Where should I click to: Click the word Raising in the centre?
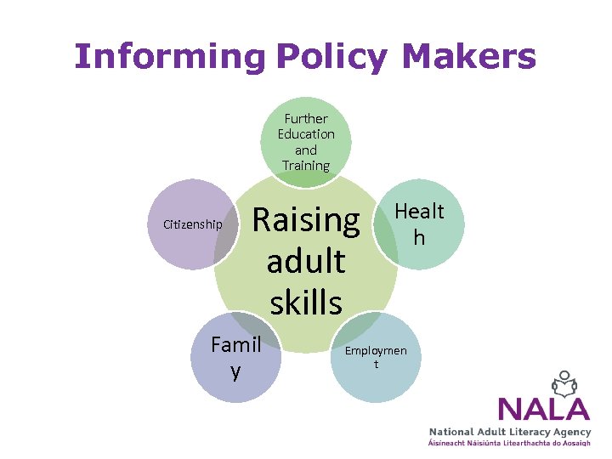pos(306,220)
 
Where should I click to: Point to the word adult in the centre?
pos(306,260)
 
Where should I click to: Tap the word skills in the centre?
pos(306,301)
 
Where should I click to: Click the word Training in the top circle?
pos(305,166)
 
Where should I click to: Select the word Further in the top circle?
pos(306,119)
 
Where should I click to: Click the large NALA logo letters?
pos(544,409)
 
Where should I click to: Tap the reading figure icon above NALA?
pos(564,382)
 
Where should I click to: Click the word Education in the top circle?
pos(306,134)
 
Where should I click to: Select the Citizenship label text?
pos(192,224)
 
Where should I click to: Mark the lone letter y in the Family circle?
pos(235,372)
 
